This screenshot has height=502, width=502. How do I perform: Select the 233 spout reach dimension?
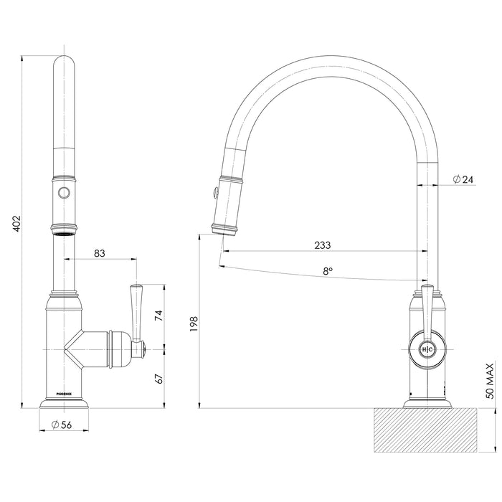[x=322, y=245]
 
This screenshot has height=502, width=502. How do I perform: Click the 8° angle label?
[x=328, y=272]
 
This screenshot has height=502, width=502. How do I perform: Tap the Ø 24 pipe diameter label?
[x=463, y=179]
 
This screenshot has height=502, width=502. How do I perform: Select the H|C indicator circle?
[x=427, y=349]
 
